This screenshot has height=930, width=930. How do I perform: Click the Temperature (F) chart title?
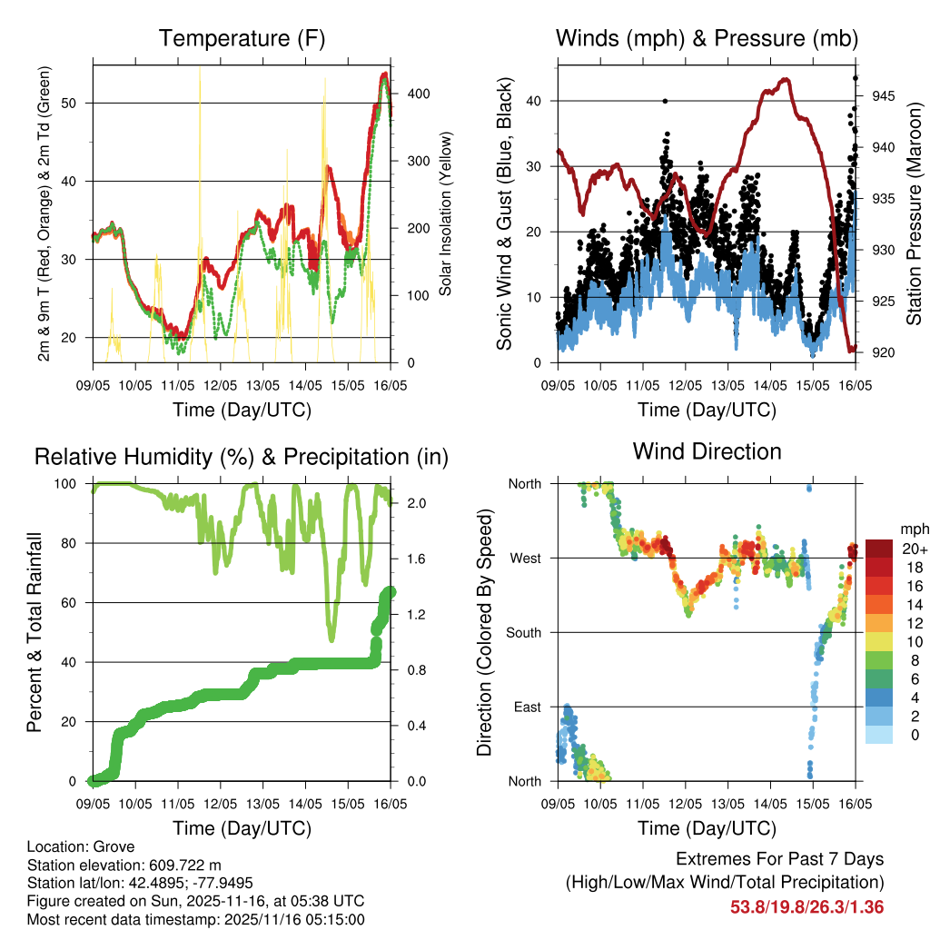tap(242, 39)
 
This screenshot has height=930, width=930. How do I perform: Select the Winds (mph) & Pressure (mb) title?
tap(707, 39)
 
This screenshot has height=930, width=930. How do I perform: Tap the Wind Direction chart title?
tap(707, 451)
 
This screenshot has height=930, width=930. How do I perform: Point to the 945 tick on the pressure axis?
tap(876, 95)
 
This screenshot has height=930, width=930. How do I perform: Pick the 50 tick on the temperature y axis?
tap(77, 103)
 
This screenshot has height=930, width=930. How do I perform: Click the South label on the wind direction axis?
tap(524, 632)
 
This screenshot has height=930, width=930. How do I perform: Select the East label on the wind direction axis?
tap(528, 707)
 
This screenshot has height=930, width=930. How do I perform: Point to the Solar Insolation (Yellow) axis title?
tap(446, 214)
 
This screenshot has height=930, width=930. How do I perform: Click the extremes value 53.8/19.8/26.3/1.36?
tap(806, 907)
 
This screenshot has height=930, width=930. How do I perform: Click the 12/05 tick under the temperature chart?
tap(220, 384)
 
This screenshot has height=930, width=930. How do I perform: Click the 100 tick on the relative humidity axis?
tap(73, 483)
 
